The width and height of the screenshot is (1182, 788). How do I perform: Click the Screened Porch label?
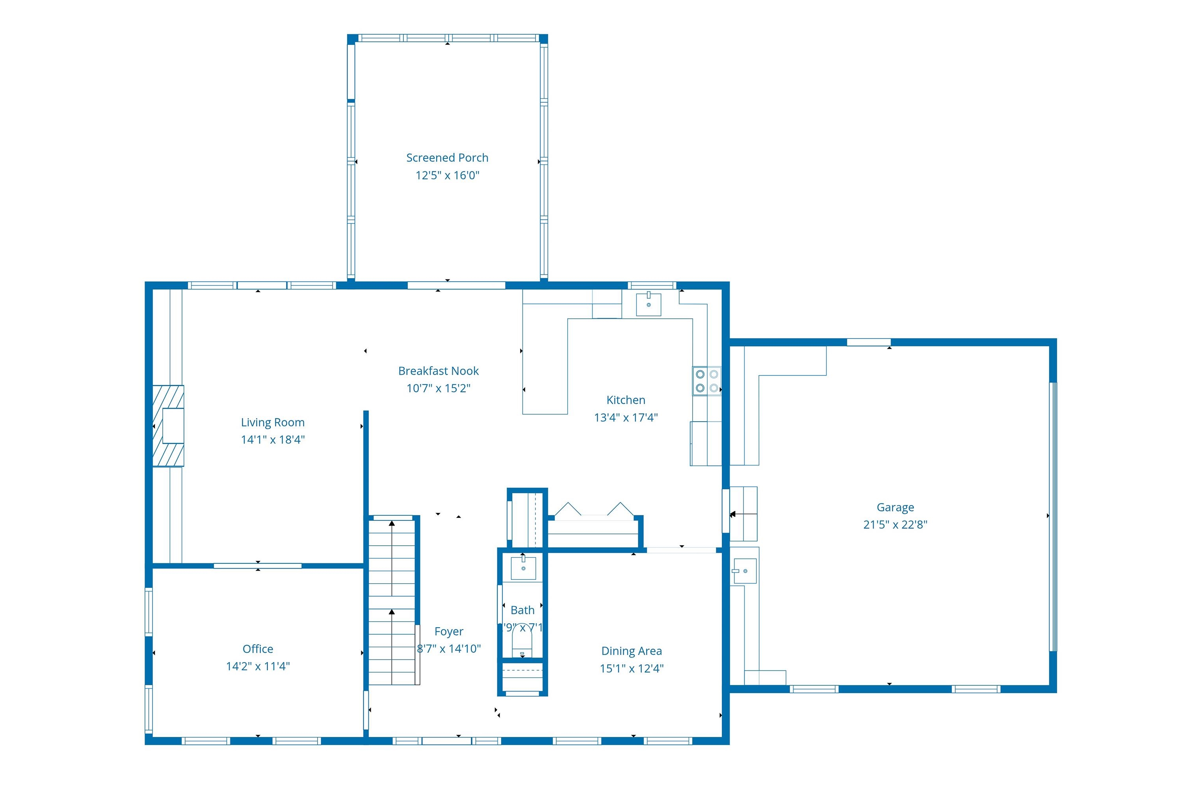[447, 158]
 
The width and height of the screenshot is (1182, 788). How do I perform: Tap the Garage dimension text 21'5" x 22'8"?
[895, 525]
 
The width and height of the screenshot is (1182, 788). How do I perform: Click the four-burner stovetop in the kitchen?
[706, 381]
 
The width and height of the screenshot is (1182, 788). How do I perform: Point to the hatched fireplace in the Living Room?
[168, 426]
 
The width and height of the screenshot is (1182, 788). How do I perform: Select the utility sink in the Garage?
[744, 571]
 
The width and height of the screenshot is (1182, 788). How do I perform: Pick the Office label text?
[258, 649]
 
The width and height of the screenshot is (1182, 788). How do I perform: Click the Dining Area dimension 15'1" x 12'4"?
[631, 668]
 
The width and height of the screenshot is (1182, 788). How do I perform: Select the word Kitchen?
[626, 400]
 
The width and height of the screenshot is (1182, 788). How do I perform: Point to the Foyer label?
[449, 631]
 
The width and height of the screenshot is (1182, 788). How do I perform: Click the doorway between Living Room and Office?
[258, 566]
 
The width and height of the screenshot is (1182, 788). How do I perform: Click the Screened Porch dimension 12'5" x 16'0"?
[447, 175]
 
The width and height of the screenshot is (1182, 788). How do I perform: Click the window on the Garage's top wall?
[868, 343]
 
